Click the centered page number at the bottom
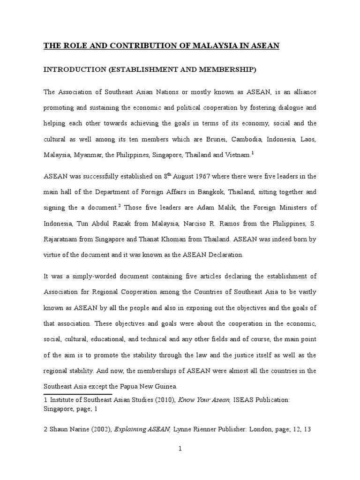click(180, 449)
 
